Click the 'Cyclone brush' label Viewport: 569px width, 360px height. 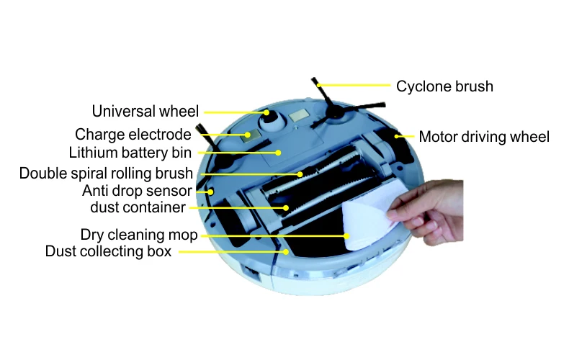coord(444,86)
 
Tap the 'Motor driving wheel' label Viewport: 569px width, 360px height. coord(484,136)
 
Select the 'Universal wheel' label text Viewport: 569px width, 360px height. coord(145,112)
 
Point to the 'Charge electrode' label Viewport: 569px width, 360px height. coord(133,135)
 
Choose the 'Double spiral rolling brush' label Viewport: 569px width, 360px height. coord(106,174)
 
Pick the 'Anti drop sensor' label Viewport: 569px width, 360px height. coord(137,192)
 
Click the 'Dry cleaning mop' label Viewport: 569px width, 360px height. coord(139,235)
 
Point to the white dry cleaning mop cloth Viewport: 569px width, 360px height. coord(371,216)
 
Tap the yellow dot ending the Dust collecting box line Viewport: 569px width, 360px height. coord(287,251)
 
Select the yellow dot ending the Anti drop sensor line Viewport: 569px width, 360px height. coord(211,192)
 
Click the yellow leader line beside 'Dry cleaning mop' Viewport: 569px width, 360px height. coord(274,235)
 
